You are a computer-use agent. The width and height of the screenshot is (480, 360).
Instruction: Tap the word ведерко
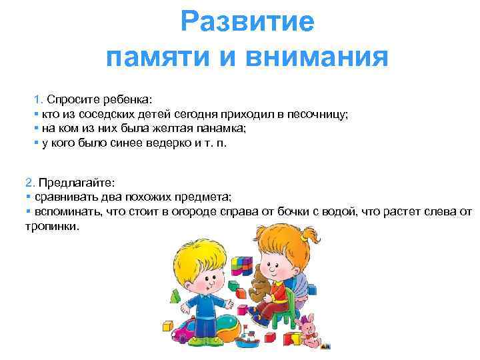pyautogui.click(x=159, y=143)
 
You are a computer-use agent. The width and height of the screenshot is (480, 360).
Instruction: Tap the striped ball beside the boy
pyautogui.click(x=223, y=331)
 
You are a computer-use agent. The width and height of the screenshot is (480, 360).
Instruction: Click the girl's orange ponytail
pyautogui.click(x=308, y=241)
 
